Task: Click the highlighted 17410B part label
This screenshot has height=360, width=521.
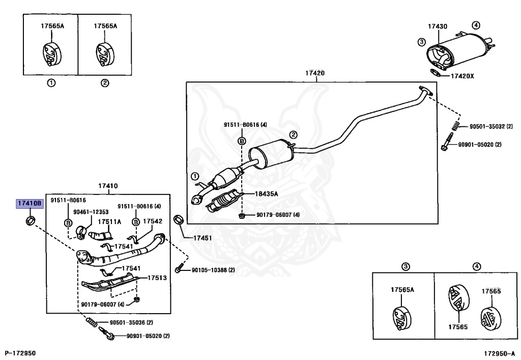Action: pyautogui.click(x=30, y=204)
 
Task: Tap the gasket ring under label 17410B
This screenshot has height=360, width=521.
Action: pyautogui.click(x=30, y=220)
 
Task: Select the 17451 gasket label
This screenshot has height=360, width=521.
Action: pyautogui.click(x=202, y=238)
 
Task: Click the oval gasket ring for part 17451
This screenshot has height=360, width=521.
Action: pyautogui.click(x=179, y=220)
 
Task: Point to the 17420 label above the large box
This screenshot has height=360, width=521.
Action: pyautogui.click(x=315, y=73)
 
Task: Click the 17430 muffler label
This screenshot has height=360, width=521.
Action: pyautogui.click(x=437, y=26)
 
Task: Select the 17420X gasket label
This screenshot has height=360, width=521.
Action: pyautogui.click(x=462, y=76)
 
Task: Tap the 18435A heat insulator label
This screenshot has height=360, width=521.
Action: pyautogui.click(x=267, y=194)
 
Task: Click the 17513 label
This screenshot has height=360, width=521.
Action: pyautogui.click(x=157, y=278)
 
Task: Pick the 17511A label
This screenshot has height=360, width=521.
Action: pyautogui.click(x=109, y=221)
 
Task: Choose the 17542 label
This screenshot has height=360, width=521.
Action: pyautogui.click(x=153, y=221)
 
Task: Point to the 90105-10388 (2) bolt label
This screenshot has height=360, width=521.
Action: pyautogui.click(x=213, y=270)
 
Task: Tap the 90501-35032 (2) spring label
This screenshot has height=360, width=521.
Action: pyautogui.click(x=491, y=126)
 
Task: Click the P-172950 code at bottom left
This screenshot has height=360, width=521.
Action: pyautogui.click(x=20, y=353)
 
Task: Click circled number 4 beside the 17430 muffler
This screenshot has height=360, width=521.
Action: pyautogui.click(x=476, y=25)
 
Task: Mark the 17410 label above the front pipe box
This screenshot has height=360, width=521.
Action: pyautogui.click(x=108, y=186)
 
